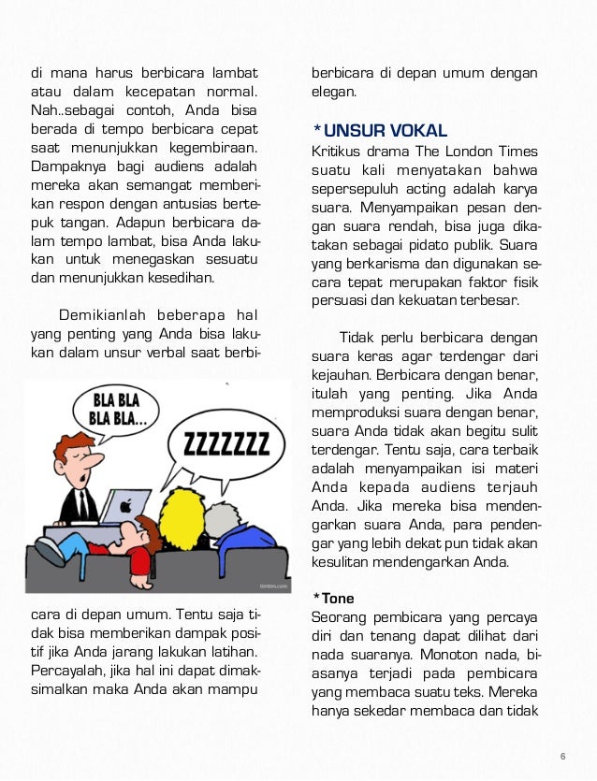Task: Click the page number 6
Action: tap(563, 756)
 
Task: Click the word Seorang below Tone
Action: tap(340, 616)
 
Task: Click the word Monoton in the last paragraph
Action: tap(447, 654)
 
